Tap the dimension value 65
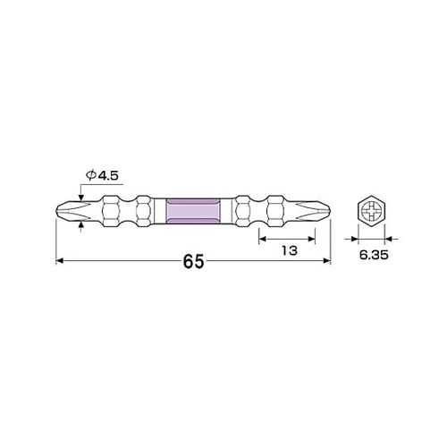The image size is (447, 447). (x=193, y=262)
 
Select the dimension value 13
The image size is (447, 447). (x=288, y=251)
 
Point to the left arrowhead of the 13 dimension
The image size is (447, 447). (x=263, y=238)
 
